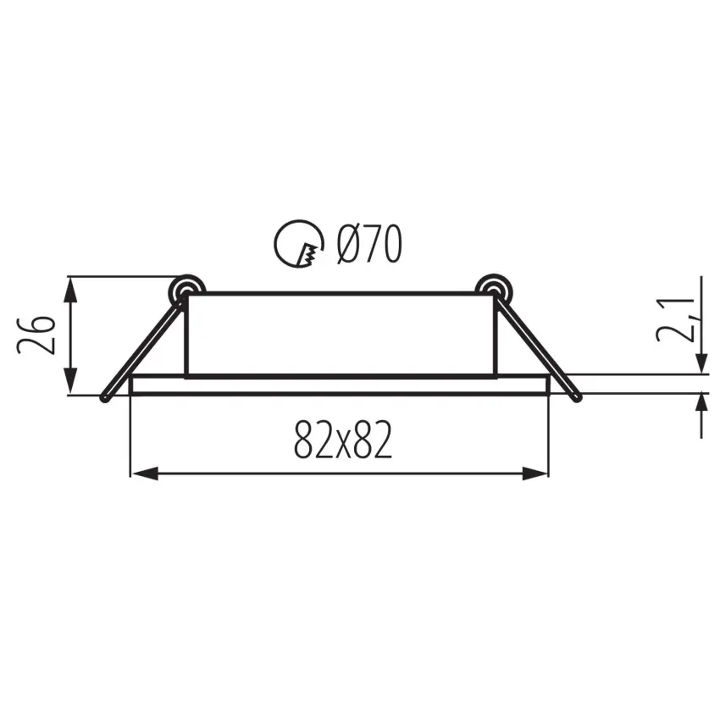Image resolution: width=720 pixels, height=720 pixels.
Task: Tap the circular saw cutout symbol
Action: pyautogui.click(x=297, y=245)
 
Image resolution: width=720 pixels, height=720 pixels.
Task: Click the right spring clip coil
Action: pyautogui.click(x=491, y=290)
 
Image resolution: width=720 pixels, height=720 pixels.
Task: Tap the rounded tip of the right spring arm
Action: pyautogui.click(x=577, y=396)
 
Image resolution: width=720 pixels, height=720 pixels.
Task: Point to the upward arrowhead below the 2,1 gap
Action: pyautogui.click(x=702, y=405)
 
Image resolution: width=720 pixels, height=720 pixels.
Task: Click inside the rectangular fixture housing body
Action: pyautogui.click(x=339, y=335)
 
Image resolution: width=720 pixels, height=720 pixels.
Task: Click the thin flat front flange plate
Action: pyautogui.click(x=339, y=385)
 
